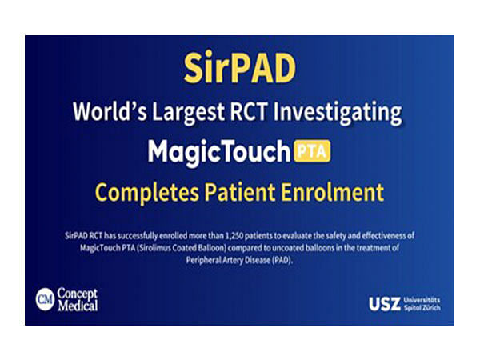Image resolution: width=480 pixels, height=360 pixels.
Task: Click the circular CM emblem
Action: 45,298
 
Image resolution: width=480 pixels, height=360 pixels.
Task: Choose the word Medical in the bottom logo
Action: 77,305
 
